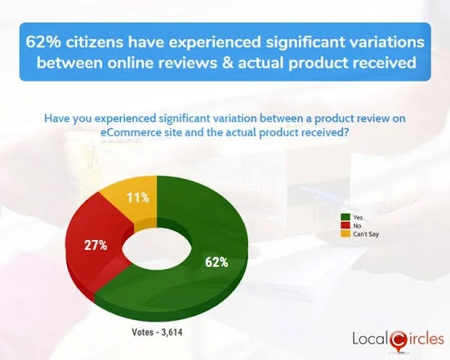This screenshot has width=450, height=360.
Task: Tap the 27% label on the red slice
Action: [95, 245]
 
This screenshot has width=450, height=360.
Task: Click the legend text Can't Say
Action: [363, 233]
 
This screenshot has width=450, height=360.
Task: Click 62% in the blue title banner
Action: [44, 41]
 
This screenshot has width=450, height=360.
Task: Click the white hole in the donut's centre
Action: [156, 247]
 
